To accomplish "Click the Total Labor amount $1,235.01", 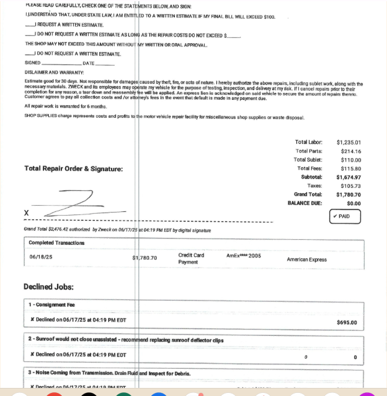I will tap(349, 143).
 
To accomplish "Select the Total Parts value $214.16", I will tap(351, 151).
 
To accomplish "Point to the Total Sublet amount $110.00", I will tap(351, 160).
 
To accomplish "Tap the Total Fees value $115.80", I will tap(351, 169).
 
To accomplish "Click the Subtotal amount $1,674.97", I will tap(349, 177).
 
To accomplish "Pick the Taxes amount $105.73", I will tap(351, 186).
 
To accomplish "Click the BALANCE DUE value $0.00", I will tap(354, 203).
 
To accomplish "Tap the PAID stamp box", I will tap(345, 217).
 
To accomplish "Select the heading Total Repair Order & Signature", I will tap(73, 169).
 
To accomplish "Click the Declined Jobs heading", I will tap(48, 286).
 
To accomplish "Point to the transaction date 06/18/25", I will tap(41, 257).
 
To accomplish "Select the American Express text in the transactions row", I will tap(306, 260).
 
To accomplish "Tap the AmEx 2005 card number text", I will tap(244, 255).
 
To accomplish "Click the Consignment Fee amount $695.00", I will tap(347, 322).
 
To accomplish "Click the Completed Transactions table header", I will tap(56, 242).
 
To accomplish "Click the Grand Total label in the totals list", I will tap(308, 195).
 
